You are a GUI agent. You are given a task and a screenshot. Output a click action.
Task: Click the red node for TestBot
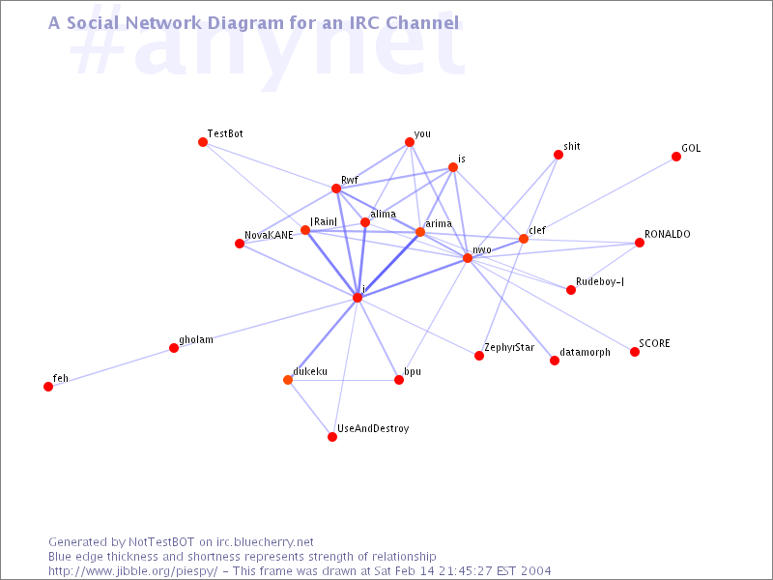pyautogui.click(x=203, y=142)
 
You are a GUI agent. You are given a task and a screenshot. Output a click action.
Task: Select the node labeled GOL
pyautogui.click(x=676, y=157)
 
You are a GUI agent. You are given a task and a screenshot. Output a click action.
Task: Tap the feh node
pyautogui.click(x=48, y=387)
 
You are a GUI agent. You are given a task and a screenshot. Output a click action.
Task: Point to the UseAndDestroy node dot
pyautogui.click(x=332, y=437)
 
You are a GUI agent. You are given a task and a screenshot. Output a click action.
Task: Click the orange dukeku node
pyautogui.click(x=288, y=380)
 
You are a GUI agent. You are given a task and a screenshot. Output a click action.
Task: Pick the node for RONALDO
pyautogui.click(x=640, y=243)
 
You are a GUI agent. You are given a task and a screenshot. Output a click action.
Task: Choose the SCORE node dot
pyautogui.click(x=635, y=352)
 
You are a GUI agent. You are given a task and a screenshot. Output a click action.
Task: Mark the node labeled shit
pyautogui.click(x=558, y=155)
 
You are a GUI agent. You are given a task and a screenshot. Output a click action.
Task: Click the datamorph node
pyautogui.click(x=555, y=361)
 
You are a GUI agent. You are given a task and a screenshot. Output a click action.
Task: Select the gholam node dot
pyautogui.click(x=174, y=348)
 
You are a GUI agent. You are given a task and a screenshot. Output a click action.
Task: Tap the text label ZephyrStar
pyautogui.click(x=509, y=348)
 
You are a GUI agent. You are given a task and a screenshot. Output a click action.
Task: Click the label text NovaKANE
pyautogui.click(x=269, y=235)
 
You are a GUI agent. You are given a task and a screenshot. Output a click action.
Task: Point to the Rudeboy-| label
pyautogui.click(x=600, y=281)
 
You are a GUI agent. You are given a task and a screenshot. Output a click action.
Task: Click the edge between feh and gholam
pyautogui.click(x=111, y=367)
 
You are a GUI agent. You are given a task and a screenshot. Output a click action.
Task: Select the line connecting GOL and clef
pyautogui.click(x=600, y=198)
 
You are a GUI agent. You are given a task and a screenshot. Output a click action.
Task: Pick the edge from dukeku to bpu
pyautogui.click(x=344, y=380)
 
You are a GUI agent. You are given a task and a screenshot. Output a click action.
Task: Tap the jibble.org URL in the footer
pyautogui.click(x=133, y=571)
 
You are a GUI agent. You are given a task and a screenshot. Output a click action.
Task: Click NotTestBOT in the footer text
pyautogui.click(x=161, y=542)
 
